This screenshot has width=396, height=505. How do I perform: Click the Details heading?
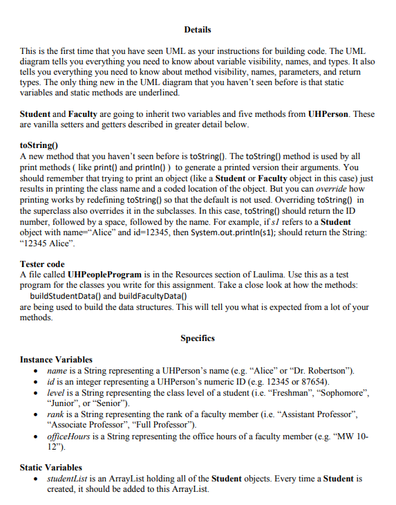point(198,30)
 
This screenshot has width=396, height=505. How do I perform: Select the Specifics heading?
point(198,338)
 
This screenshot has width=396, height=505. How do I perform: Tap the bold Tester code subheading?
point(42,264)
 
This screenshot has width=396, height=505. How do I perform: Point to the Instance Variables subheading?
point(56,360)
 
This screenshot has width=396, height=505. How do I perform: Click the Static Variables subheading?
point(50,468)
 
